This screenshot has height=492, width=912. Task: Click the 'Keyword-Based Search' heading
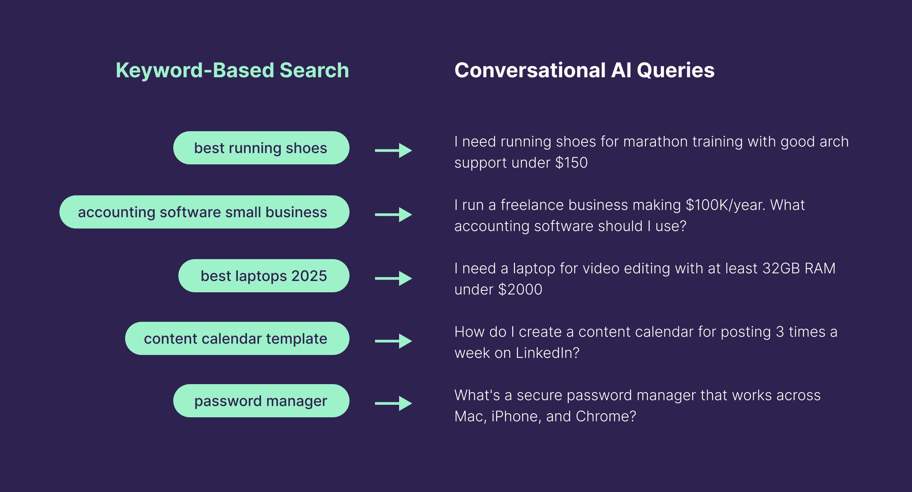coord(232,70)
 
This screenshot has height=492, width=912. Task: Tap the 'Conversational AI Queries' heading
coord(584,70)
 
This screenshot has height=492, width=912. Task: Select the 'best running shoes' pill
coord(261,148)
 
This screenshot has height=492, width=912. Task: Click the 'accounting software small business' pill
coord(204,212)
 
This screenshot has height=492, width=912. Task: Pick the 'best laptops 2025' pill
coord(263,276)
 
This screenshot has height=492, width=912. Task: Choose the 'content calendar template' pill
coord(237,339)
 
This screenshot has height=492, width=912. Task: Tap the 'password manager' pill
coord(261,401)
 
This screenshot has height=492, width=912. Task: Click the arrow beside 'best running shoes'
coord(393,150)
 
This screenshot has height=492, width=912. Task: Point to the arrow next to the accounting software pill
coord(393,215)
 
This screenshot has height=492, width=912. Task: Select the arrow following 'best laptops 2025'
coord(393,278)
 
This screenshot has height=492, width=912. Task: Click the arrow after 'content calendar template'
coord(393,341)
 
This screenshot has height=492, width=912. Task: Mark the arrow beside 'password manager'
coord(393,403)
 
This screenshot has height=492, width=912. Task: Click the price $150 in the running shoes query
coord(571,163)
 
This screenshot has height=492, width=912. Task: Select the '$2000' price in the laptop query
coord(520,290)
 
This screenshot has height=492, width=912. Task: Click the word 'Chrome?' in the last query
coord(606,417)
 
